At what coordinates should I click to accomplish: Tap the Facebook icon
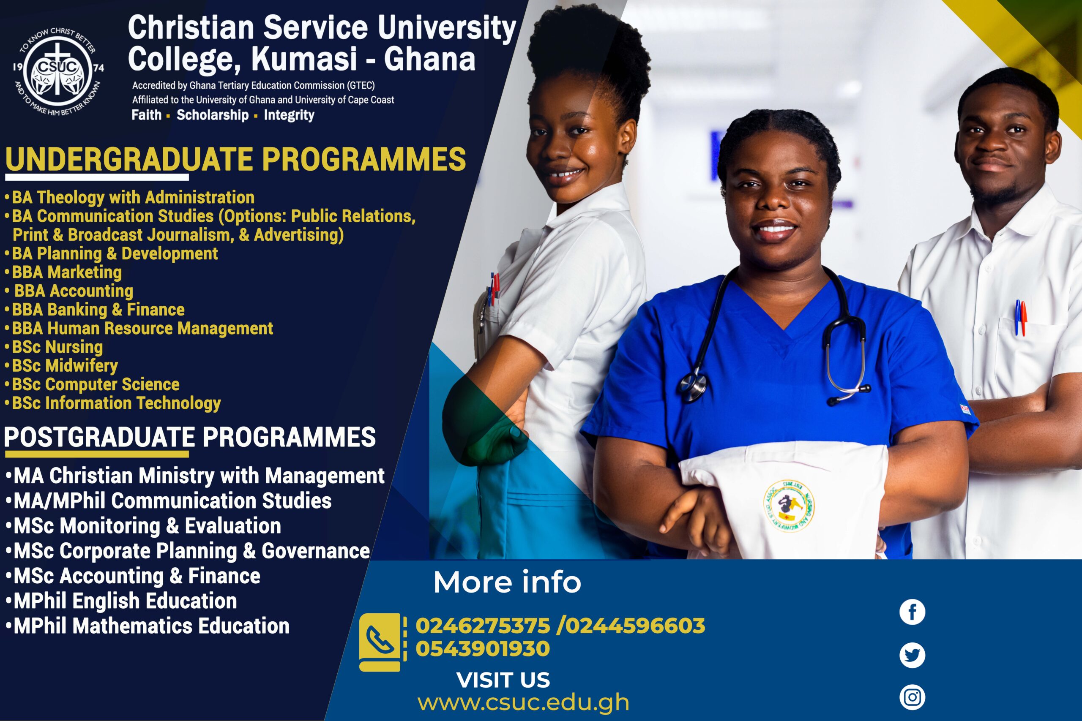coord(912,612)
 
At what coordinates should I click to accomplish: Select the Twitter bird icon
coord(912,655)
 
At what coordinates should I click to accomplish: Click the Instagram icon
coord(912,697)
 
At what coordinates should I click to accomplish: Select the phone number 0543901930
coord(483,649)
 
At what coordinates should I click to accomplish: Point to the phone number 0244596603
coord(635,626)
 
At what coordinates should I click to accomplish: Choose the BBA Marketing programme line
coord(63,272)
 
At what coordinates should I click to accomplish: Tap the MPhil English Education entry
coord(121,601)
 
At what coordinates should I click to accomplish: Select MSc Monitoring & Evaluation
coord(143,526)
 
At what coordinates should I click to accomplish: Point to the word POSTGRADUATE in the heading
coord(100,437)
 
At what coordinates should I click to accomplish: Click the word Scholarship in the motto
coord(213,115)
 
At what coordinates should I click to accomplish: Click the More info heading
coord(507,582)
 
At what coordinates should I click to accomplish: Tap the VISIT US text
coord(503,680)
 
